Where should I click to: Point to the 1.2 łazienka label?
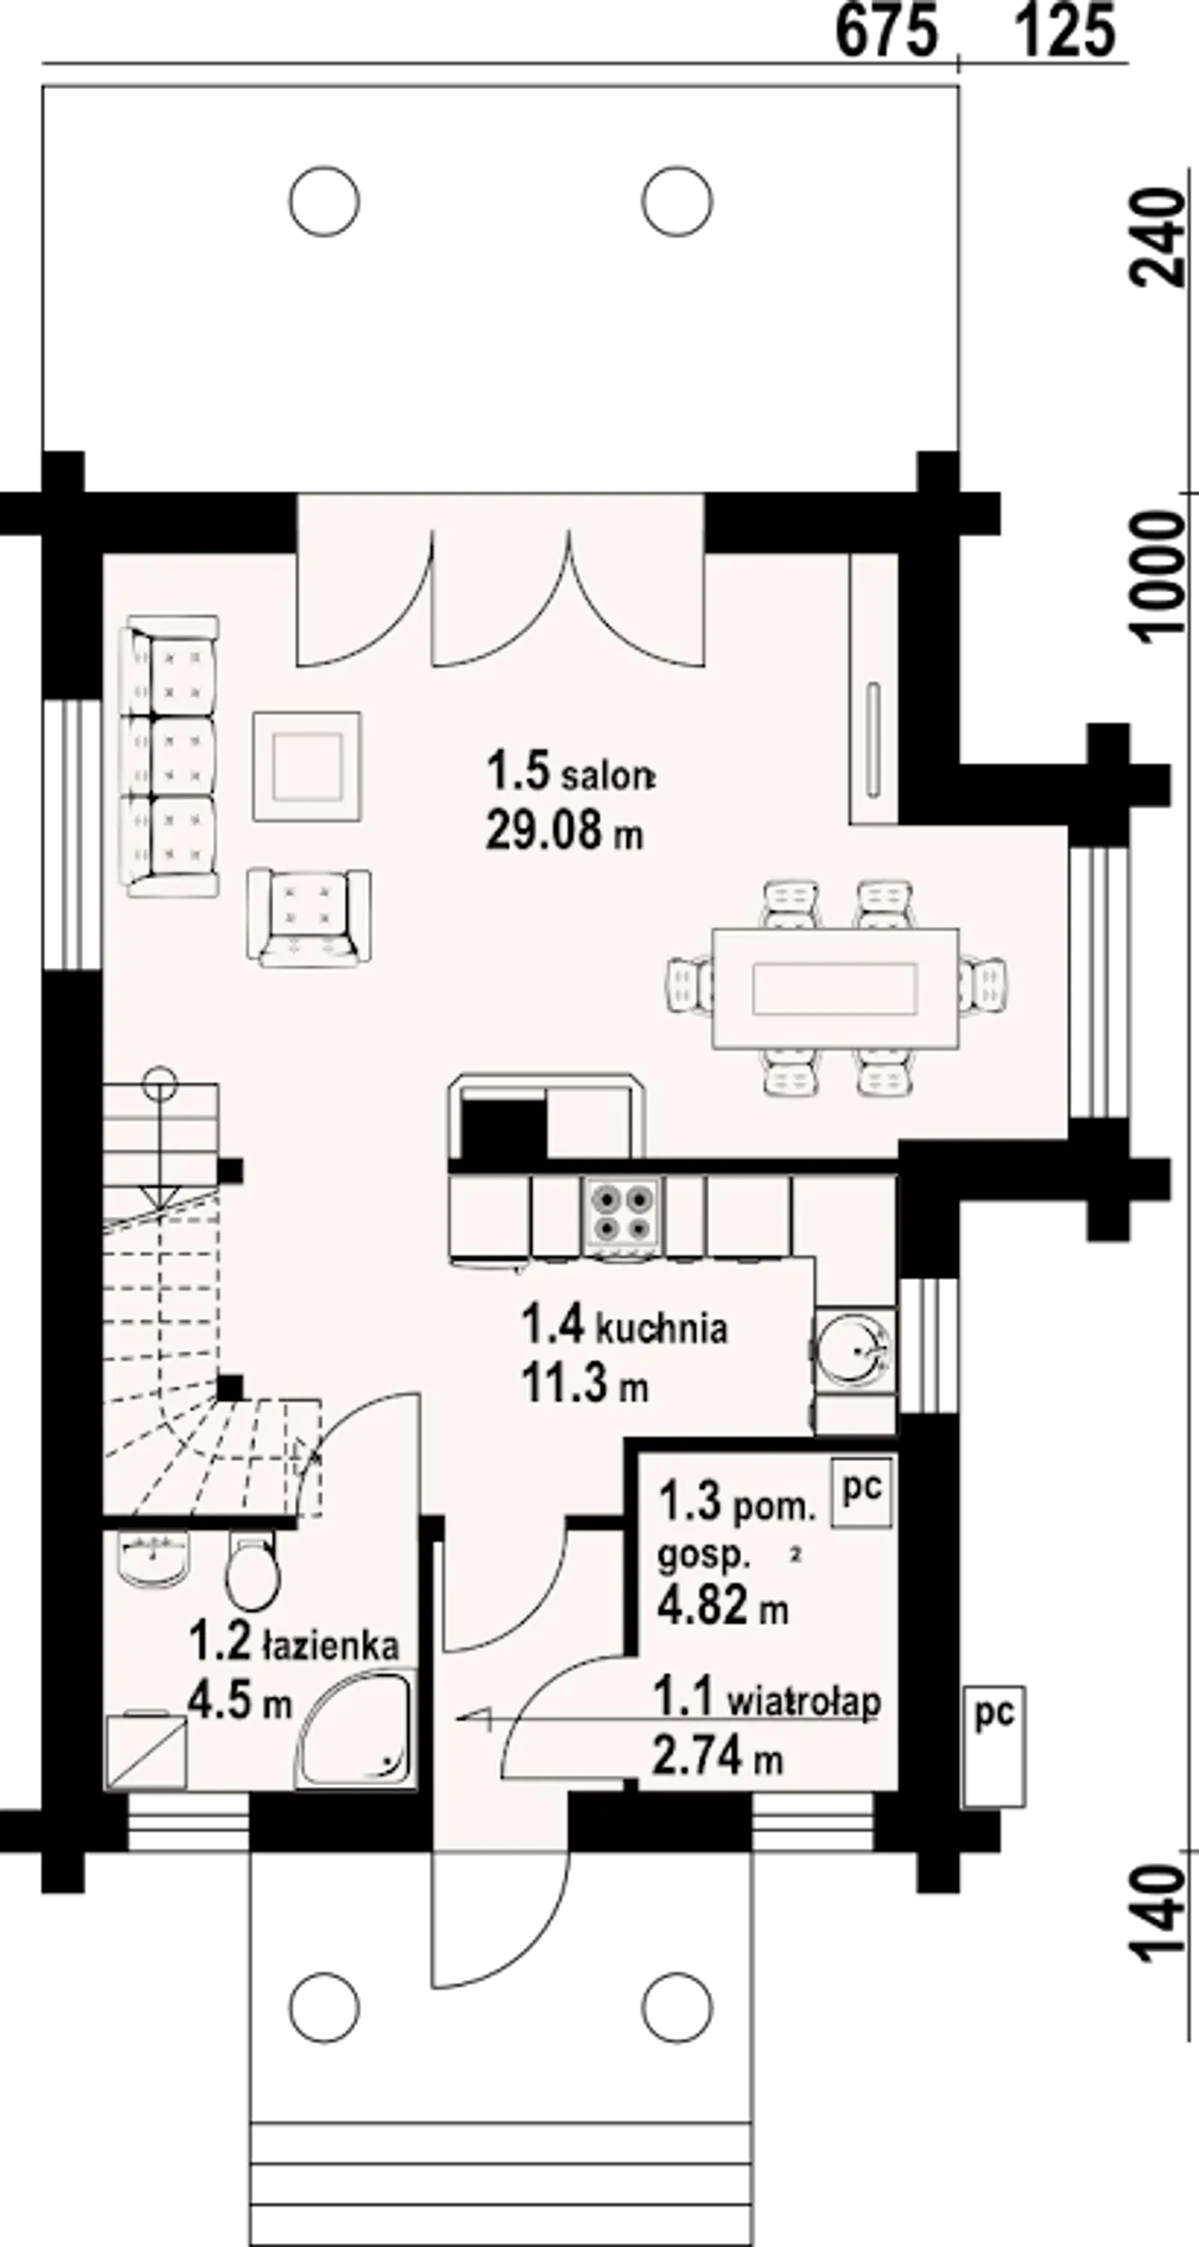(x=294, y=1644)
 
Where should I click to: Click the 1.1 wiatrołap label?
(x=767, y=1699)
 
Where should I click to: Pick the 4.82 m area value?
(x=722, y=1608)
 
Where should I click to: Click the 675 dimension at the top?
(x=886, y=31)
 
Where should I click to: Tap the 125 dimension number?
(x=1066, y=31)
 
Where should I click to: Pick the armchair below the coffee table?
(x=308, y=917)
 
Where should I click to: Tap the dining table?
(x=836, y=988)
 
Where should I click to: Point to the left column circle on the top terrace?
(x=324, y=201)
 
